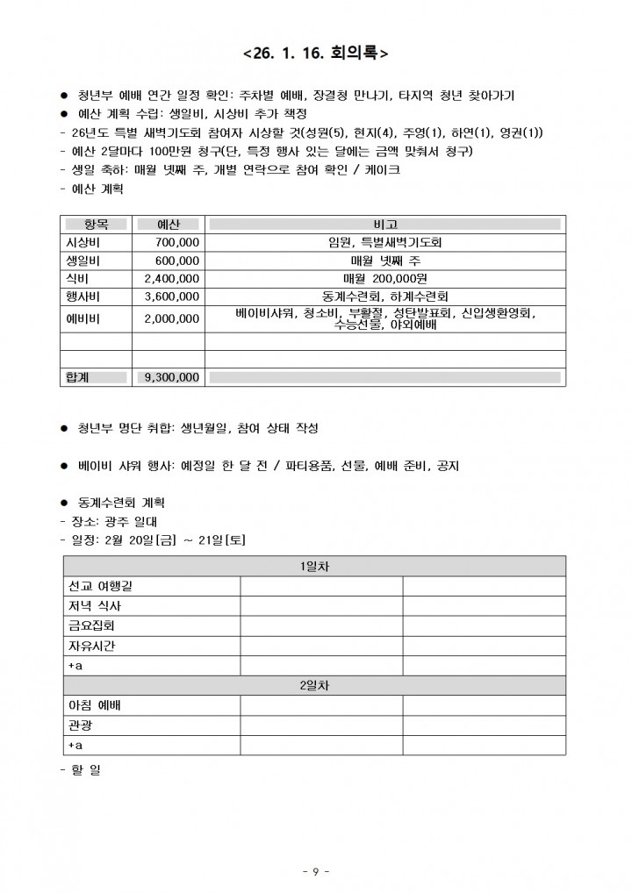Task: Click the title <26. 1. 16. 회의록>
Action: pos(316,54)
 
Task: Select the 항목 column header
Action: pos(95,225)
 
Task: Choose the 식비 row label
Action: pos(78,279)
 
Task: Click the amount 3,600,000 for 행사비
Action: pos(172,296)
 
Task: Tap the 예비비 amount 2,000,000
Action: pos(172,318)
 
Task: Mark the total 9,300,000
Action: pos(172,377)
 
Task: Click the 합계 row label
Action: pos(78,377)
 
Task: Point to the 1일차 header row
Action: pos(314,567)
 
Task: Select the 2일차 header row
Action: pos(314,685)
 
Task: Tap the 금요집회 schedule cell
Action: pos(91,626)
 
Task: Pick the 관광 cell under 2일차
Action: pos(80,725)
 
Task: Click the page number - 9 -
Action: pos(315,871)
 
